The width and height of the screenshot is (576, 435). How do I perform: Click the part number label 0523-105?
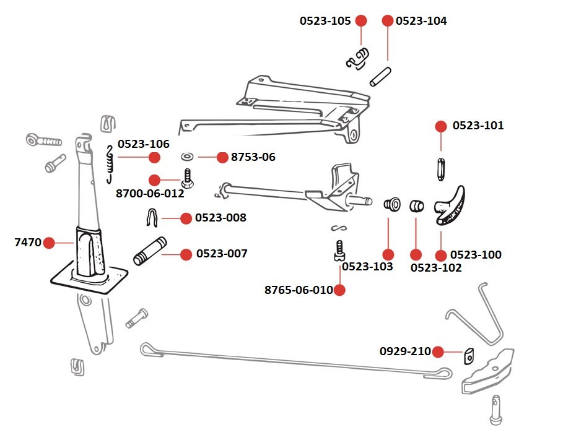[x=325, y=21]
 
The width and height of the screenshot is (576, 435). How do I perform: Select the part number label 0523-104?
[x=421, y=21]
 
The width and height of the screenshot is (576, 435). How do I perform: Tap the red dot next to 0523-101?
[x=441, y=126]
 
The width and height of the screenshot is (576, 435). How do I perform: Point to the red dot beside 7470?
[x=49, y=243]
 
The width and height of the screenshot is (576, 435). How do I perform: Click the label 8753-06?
[x=253, y=158]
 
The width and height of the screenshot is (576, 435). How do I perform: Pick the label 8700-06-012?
[x=150, y=194]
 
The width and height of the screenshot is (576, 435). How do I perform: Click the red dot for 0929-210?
[x=438, y=351]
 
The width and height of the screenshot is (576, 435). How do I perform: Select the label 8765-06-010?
[x=298, y=290]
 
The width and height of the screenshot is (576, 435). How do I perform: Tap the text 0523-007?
[x=222, y=254]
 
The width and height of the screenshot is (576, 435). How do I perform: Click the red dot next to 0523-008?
[x=186, y=218]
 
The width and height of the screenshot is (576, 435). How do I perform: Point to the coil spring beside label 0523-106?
[x=110, y=165]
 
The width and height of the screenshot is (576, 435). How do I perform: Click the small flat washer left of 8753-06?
[x=188, y=157]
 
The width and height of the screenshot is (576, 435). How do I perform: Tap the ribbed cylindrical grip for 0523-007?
[x=150, y=251]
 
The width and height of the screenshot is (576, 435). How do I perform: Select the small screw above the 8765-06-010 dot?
[x=339, y=250]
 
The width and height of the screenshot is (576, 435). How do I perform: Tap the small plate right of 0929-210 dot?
[x=469, y=355]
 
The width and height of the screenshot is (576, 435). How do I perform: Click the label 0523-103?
[x=367, y=267]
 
